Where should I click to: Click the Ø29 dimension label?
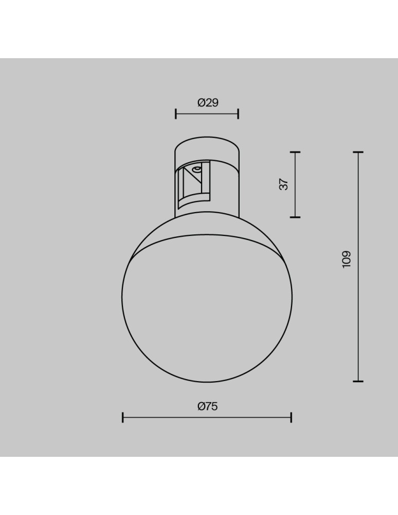pyautogui.click(x=208, y=102)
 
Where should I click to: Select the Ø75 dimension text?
pyautogui.click(x=207, y=406)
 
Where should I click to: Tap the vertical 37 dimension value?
pyautogui.click(x=284, y=184)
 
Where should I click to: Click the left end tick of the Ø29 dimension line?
pyautogui.click(x=176, y=114)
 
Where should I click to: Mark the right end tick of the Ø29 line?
pyautogui.click(x=238, y=114)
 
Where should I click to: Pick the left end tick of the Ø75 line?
pyautogui.click(x=122, y=417)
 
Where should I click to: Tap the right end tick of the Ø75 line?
pyautogui.click(x=291, y=417)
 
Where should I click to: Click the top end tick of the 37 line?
pyautogui.click(x=295, y=152)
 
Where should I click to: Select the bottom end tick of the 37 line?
pyautogui.click(x=295, y=217)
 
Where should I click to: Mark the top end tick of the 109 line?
pyautogui.click(x=358, y=152)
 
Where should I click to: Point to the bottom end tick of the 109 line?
pyautogui.click(x=358, y=382)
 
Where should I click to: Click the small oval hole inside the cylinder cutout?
pyautogui.click(x=196, y=168)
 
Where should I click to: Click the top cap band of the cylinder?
pyautogui.click(x=207, y=146)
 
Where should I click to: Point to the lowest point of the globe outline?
pyautogui.click(x=207, y=383)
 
